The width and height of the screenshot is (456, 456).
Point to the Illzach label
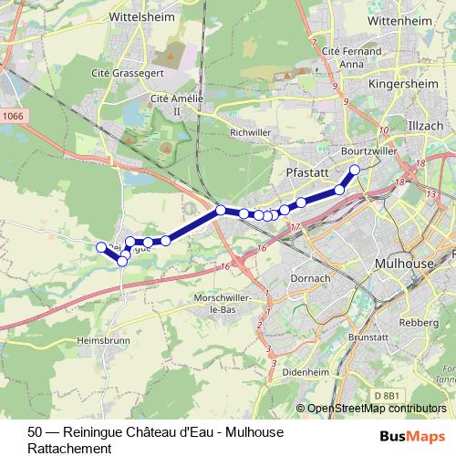tap(424, 124)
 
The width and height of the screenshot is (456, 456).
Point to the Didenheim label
tap(306, 372)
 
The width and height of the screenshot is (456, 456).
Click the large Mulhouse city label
tap(404, 263)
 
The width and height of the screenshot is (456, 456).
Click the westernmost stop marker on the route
tap(101, 246)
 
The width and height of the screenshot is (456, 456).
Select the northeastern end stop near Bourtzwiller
tap(355, 170)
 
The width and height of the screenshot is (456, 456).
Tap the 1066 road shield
tap(13, 115)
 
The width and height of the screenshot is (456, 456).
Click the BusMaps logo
tap(418, 437)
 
